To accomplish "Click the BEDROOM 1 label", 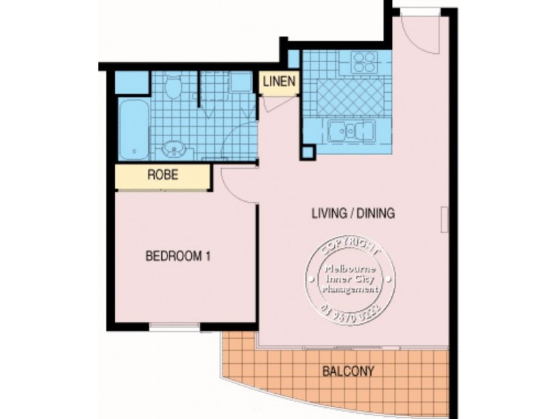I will (x=177, y=256).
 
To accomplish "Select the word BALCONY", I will (x=348, y=371).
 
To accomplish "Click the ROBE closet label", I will (x=162, y=176).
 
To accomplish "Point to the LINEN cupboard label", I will (x=280, y=82).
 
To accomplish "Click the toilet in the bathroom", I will (x=173, y=87).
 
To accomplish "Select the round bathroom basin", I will (x=174, y=149).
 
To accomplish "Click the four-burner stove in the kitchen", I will (x=363, y=63).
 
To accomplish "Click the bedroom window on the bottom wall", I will (x=175, y=326).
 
